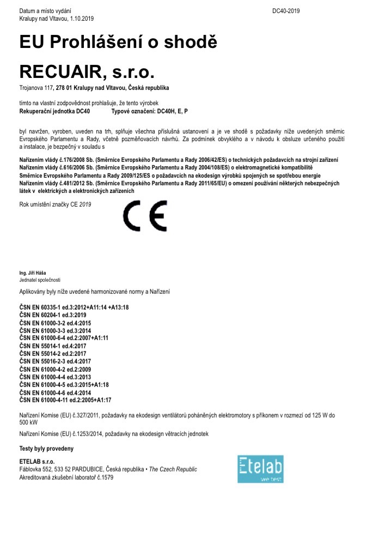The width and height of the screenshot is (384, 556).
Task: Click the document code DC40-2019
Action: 286,11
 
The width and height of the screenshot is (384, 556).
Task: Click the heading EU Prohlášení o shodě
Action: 118,42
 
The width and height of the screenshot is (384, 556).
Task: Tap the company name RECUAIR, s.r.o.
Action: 87,72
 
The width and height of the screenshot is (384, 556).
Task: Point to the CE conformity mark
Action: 145,216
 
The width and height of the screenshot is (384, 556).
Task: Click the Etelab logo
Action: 260,469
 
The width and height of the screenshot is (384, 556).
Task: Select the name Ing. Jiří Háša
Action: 33,273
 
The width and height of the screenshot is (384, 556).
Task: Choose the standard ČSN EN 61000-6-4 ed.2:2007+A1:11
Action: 64,338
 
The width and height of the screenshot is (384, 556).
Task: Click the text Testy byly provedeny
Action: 46,449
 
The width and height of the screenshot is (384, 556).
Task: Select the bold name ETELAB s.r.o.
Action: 37,462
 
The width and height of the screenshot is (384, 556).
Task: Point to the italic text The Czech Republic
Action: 173,469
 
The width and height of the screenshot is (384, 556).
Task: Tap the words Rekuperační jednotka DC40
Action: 54,111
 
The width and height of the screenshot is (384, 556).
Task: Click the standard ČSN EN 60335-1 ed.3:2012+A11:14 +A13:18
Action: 74,307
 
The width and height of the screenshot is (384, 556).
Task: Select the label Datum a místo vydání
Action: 45,11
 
